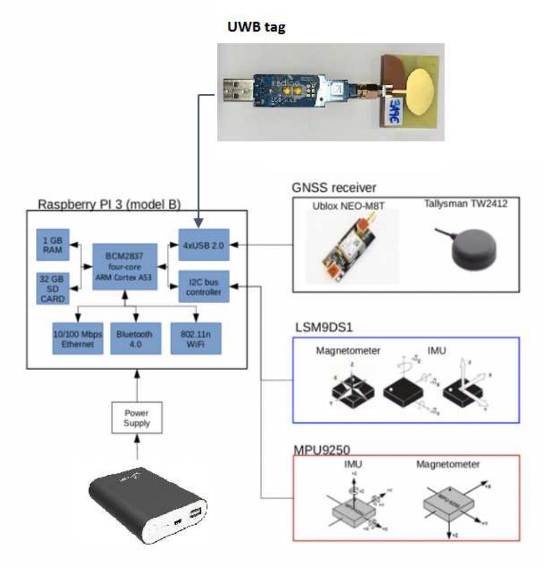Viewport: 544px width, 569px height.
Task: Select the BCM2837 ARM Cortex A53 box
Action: pos(125,267)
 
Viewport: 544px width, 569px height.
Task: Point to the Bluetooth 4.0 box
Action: pos(134,338)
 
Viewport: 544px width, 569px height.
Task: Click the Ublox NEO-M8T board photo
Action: pos(347,247)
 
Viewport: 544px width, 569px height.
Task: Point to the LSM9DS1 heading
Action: pos(320,327)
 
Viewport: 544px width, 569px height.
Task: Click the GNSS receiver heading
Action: pos(334,187)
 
